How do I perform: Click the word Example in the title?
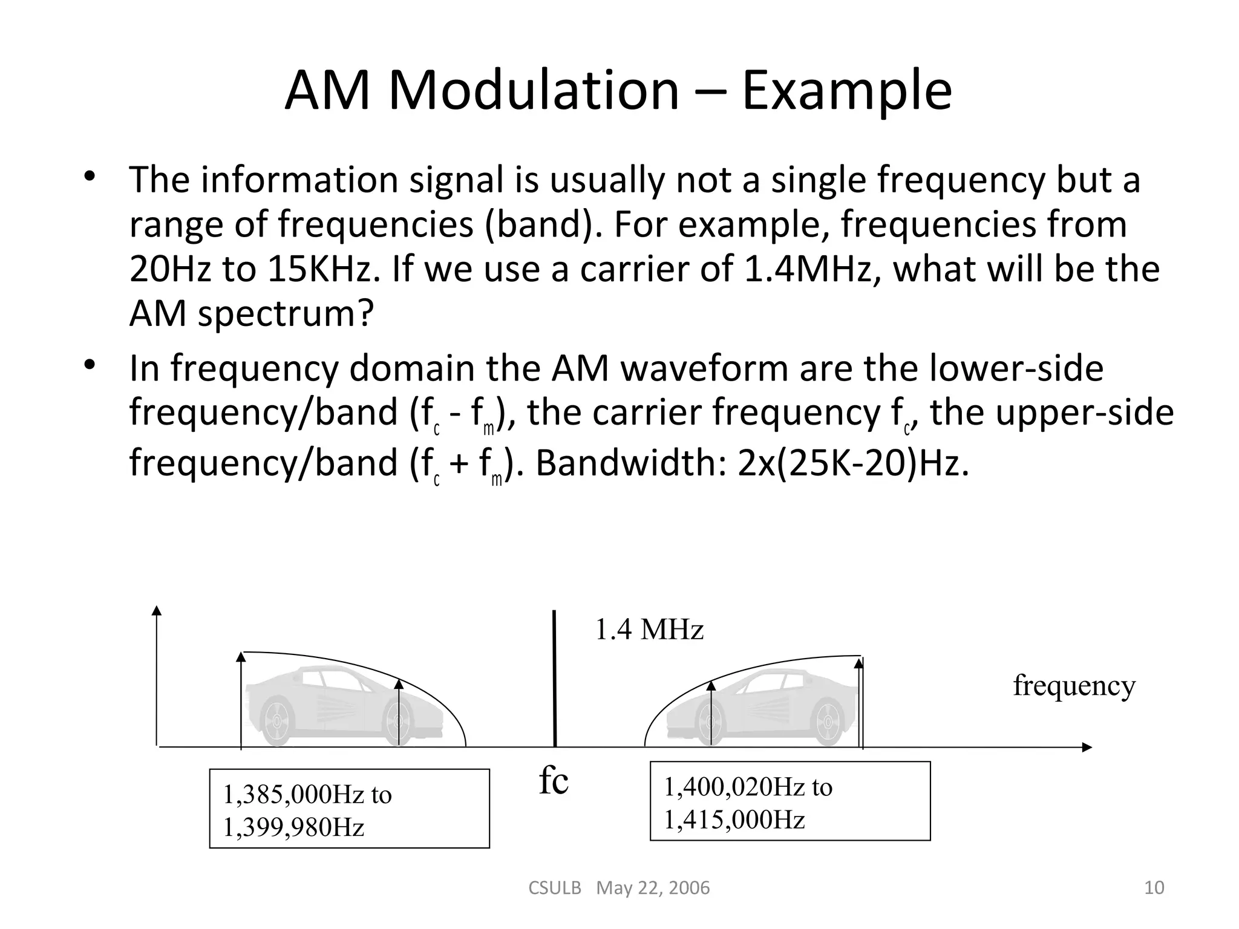(846, 92)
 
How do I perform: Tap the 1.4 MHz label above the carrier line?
(649, 630)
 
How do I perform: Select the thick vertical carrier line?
(554, 677)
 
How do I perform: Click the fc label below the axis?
(554, 781)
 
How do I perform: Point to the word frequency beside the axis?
(1074, 686)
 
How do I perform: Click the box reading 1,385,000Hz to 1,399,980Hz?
(349, 809)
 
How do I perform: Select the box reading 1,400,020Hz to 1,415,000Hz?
(789, 801)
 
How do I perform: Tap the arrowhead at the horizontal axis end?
(1087, 748)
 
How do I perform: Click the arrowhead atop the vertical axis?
(157, 610)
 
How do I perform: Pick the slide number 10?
(1154, 887)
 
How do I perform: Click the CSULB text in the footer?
(555, 888)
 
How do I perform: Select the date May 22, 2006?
(653, 888)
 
